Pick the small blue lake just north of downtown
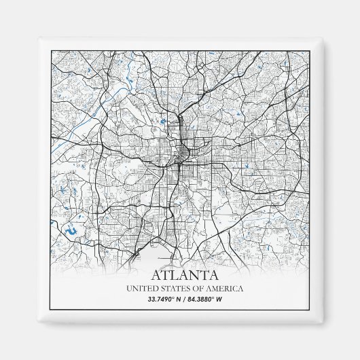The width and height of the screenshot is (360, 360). pyautogui.click(x=163, y=122)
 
